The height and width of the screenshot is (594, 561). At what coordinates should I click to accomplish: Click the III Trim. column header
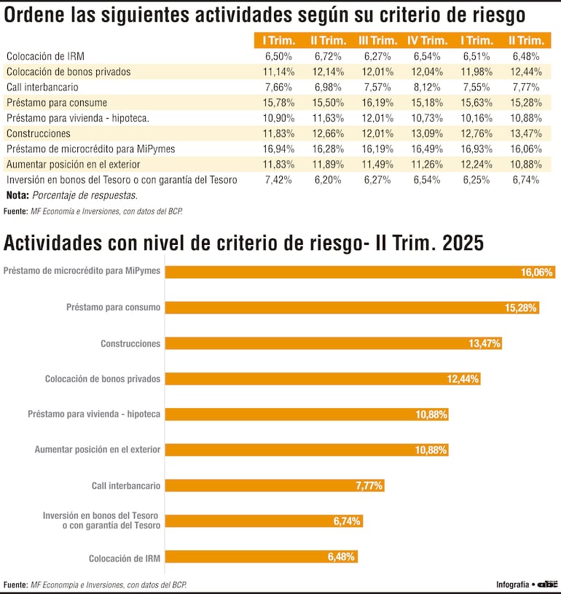(x=377, y=41)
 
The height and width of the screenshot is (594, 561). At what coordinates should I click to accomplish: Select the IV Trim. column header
(x=427, y=41)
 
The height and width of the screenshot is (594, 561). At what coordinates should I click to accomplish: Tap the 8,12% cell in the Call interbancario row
(x=427, y=87)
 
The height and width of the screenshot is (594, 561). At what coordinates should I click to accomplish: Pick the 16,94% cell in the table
(x=278, y=149)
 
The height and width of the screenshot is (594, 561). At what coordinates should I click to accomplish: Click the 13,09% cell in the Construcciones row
(x=427, y=133)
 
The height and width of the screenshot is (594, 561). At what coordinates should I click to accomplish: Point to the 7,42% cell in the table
(x=278, y=179)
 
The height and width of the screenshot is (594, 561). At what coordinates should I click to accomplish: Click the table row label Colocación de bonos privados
(x=68, y=71)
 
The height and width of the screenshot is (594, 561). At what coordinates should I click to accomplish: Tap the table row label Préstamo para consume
(x=57, y=103)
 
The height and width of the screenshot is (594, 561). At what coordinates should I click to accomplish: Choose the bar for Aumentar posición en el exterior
(x=306, y=450)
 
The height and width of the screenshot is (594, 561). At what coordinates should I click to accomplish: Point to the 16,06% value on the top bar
(x=537, y=272)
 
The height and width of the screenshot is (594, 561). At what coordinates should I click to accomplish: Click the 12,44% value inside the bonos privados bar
(x=462, y=379)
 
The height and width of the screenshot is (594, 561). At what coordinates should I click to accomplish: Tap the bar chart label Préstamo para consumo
(x=113, y=308)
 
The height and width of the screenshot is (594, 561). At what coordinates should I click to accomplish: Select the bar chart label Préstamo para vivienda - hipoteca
(x=94, y=414)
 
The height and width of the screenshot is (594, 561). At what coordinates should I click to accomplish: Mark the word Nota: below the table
(x=17, y=195)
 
